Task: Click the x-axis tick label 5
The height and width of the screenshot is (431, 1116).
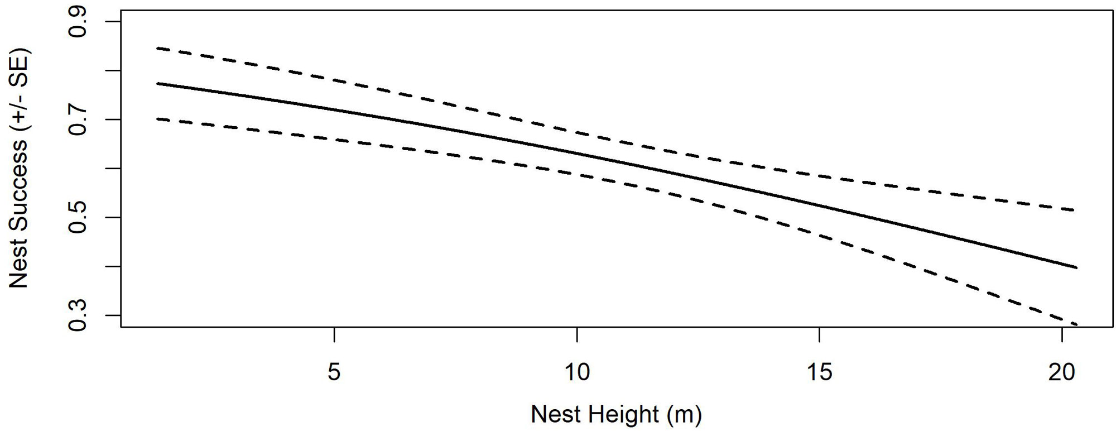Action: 334,372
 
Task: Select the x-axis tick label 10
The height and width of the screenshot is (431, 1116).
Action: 576,372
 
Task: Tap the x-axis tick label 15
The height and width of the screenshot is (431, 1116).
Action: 819,372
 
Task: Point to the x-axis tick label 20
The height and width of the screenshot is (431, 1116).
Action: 1061,372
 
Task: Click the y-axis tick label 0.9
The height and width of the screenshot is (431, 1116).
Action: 77,22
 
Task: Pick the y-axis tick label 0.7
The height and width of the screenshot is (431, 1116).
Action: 77,119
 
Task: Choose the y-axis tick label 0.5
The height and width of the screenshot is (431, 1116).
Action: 77,217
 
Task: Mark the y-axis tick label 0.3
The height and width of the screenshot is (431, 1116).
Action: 77,315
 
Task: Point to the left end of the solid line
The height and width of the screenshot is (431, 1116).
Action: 157,83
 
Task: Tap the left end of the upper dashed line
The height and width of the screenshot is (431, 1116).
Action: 157,48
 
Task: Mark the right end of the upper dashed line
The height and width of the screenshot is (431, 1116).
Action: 1074,210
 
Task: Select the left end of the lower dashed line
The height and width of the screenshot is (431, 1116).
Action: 157,118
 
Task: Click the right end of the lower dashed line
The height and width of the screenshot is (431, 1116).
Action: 1076,324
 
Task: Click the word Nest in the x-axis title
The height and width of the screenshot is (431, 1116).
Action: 556,414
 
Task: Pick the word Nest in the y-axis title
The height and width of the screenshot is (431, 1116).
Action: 19,267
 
